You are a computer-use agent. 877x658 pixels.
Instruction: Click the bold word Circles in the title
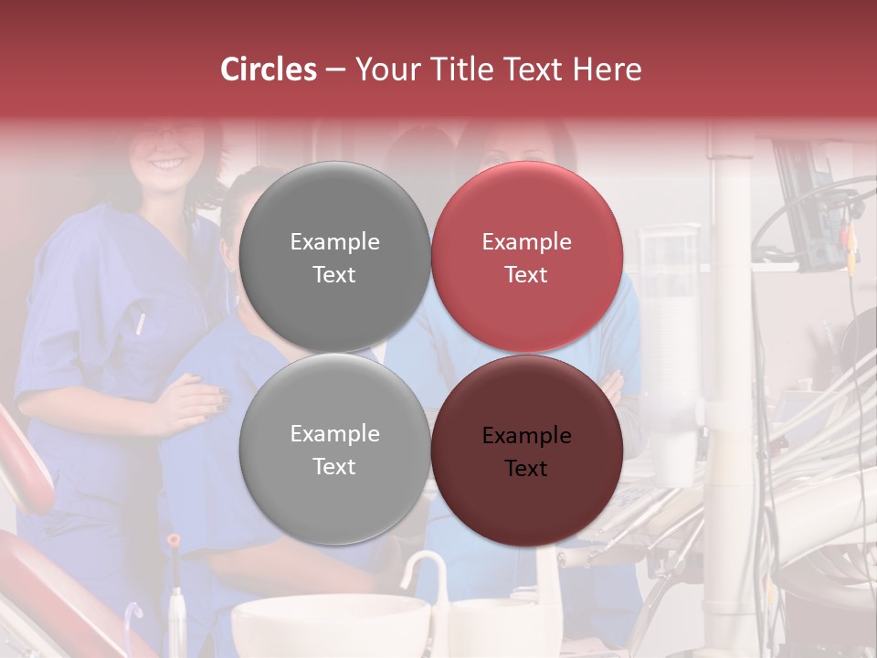pos(269,69)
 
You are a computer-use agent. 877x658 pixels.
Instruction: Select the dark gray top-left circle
pos(334,257)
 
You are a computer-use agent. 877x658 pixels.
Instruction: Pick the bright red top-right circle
pos(526,257)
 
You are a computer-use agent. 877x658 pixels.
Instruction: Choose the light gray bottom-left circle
pos(334,449)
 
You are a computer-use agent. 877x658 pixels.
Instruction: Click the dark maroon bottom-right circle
pos(526,451)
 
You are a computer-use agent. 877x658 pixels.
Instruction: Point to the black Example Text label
pos(526,451)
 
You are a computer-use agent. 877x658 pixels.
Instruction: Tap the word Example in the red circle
pos(526,242)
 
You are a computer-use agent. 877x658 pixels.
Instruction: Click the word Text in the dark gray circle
pos(334,275)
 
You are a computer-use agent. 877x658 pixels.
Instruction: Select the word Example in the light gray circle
pos(334,434)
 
